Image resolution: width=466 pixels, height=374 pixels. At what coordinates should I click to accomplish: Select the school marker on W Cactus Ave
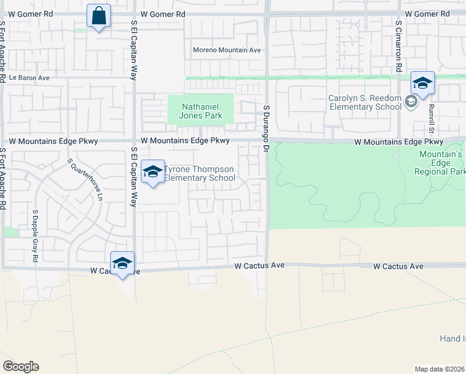[123, 263]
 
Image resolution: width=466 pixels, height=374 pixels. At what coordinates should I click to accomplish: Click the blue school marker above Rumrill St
[422, 84]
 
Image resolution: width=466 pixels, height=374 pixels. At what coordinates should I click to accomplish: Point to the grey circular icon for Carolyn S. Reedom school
[411, 102]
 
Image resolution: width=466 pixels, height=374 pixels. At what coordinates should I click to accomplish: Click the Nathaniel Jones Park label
[200, 110]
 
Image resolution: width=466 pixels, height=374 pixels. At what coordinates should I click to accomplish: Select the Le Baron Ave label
[29, 78]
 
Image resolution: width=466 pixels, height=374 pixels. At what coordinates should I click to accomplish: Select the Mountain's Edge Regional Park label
[442, 163]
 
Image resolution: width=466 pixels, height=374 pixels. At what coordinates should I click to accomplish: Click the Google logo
[21, 367]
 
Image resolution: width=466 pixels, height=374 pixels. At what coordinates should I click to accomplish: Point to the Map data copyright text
[439, 369]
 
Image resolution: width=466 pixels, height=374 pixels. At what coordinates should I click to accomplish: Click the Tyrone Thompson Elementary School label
[199, 174]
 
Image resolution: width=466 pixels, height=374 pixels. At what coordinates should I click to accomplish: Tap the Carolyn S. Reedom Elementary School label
[365, 102]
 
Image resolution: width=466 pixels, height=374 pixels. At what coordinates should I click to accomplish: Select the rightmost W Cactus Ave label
[398, 266]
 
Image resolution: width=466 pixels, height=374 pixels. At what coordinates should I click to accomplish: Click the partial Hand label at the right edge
[452, 338]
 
